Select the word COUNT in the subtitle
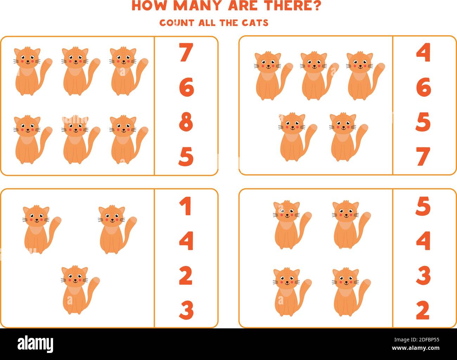click(x=176, y=23)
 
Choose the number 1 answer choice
click(x=186, y=206)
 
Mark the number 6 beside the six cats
click(x=186, y=88)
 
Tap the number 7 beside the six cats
click(x=186, y=52)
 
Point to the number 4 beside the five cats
click(x=423, y=52)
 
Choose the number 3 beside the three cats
click(x=186, y=310)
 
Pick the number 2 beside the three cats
click(x=186, y=276)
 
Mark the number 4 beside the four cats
click(x=423, y=241)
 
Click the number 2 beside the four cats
click(x=423, y=310)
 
